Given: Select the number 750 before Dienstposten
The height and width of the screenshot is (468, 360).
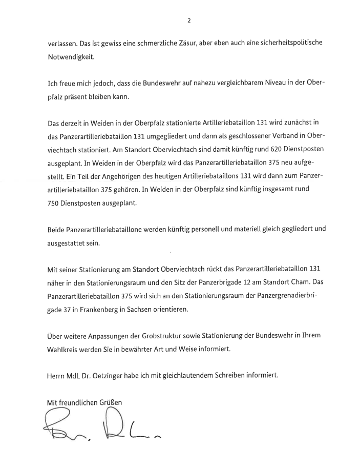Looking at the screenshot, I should click(x=53, y=202).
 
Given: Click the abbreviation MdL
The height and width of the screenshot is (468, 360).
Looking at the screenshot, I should click(x=72, y=375).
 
